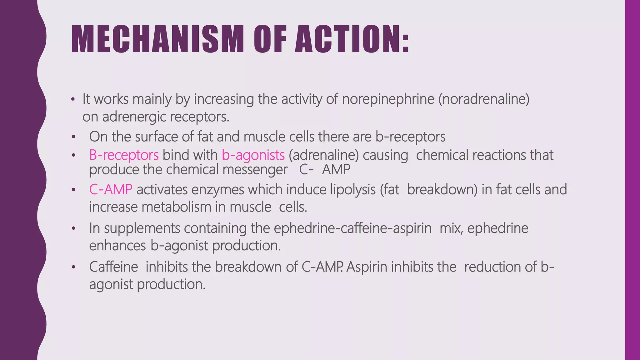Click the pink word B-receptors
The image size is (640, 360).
coord(124,155)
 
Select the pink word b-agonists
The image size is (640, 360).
coord(253,155)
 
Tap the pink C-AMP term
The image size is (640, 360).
coord(111,190)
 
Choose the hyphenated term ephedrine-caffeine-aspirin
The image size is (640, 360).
coord(352,228)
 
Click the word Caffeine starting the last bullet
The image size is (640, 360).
coord(113,267)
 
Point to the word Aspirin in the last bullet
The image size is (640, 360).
coord(367,267)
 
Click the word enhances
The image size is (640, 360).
coord(117,246)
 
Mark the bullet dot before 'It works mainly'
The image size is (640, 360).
coord(73,100)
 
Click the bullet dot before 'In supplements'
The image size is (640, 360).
coord(73,228)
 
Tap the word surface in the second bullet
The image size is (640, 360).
coord(164,137)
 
